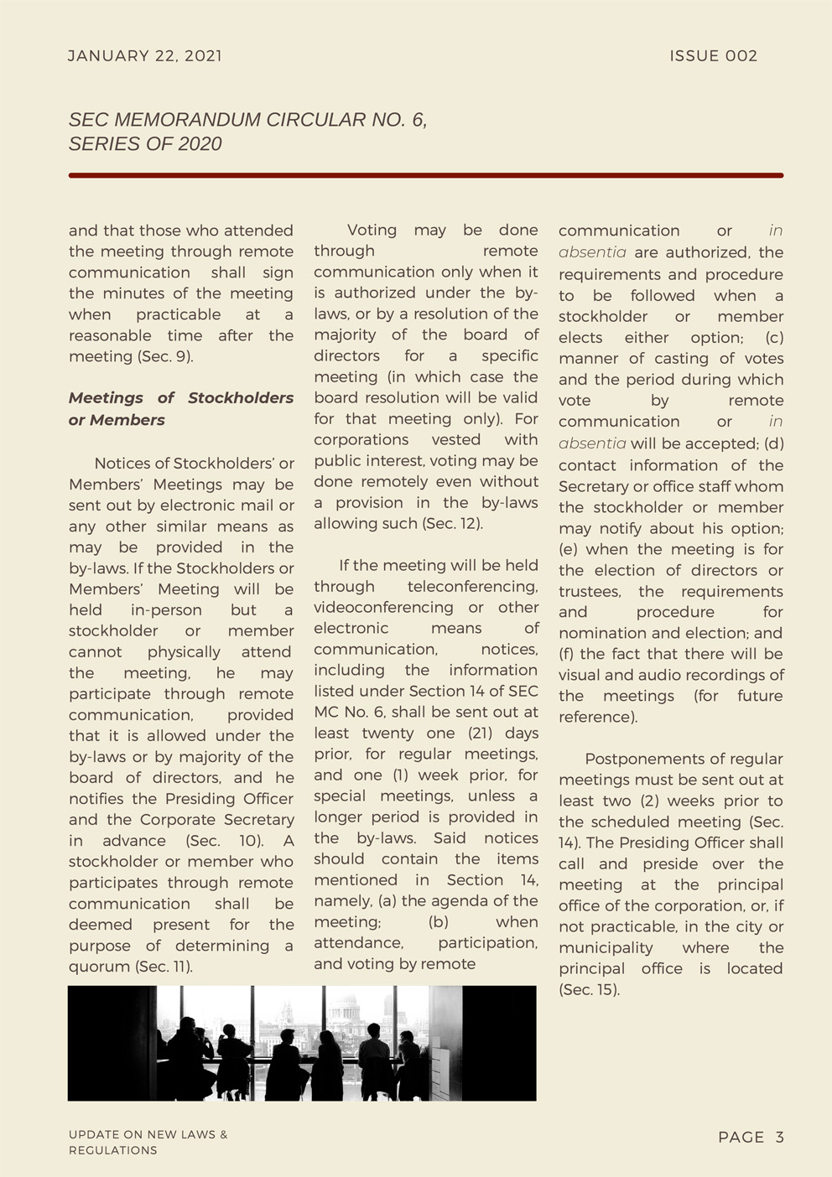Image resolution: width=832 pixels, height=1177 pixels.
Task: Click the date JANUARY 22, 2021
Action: point(145,56)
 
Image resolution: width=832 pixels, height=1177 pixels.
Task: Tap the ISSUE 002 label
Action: point(713,56)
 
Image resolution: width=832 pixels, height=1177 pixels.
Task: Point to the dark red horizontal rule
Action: point(425,175)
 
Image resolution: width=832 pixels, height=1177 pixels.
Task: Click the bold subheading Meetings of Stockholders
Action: point(180,398)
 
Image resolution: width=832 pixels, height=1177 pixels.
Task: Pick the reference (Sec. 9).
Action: point(166,356)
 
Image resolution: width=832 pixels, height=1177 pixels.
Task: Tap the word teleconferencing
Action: point(472,587)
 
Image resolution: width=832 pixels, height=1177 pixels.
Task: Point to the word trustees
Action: point(590,592)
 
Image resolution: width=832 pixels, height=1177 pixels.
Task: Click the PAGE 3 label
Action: point(751,1138)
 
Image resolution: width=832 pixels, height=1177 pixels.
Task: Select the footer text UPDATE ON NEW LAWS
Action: point(148,1135)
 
